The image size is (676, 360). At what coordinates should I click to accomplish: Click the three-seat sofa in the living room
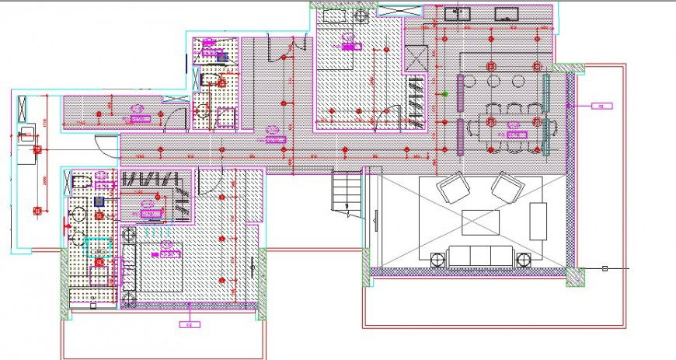pyautogui.click(x=480, y=257)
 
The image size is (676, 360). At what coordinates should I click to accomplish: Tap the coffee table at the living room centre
pyautogui.click(x=481, y=222)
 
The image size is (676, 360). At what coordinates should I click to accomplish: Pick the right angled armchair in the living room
pyautogui.click(x=507, y=188)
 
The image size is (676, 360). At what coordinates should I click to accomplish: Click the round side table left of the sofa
pyautogui.click(x=437, y=257)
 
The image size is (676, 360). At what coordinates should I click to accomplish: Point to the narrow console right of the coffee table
pyautogui.click(x=538, y=220)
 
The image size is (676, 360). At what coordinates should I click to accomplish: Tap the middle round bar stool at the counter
pyautogui.click(x=493, y=81)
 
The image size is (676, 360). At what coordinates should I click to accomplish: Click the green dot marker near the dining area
pyautogui.click(x=445, y=93)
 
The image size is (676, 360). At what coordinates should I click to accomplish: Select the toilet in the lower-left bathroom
pyautogui.click(x=83, y=183)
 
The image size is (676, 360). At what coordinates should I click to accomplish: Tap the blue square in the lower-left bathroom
pyautogui.click(x=99, y=201)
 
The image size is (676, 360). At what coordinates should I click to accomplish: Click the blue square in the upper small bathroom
pyautogui.click(x=221, y=57)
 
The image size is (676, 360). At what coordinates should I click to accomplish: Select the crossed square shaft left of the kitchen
pyautogui.click(x=415, y=58)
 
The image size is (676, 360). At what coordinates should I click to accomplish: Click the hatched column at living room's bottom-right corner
pyautogui.click(x=576, y=276)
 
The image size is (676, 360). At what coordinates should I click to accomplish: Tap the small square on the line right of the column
pyautogui.click(x=605, y=268)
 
